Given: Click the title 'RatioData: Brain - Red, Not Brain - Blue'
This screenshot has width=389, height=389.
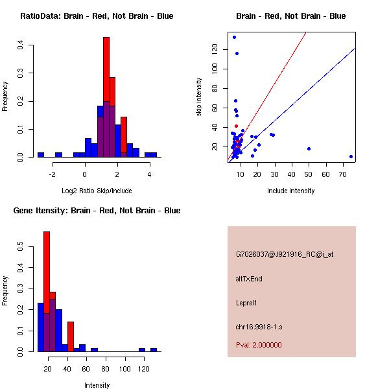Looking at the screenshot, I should coord(97,16).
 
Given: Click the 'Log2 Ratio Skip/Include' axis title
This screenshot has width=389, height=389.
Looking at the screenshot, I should coord(97,191).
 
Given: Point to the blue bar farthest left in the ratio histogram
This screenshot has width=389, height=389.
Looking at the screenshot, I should coord(41,155).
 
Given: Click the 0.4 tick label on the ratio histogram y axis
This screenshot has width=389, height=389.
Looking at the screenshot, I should coord(21,45).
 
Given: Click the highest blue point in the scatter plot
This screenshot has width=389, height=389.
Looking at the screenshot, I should coord(234,37).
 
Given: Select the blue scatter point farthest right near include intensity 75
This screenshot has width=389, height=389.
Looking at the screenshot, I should coord(351,156).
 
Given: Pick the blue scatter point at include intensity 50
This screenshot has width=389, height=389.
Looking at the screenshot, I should coord(309,148).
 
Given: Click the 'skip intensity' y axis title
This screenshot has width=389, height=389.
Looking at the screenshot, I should coord(200,97).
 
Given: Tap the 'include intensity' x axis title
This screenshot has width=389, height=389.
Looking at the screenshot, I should coord(291,191).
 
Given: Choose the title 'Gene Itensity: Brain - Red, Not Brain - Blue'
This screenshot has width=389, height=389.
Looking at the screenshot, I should coord(97,211).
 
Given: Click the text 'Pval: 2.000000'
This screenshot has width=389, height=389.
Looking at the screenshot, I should coord(259,345).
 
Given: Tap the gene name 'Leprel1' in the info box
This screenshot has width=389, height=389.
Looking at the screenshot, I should coord(248,303).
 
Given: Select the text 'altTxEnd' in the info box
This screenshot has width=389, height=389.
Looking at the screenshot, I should coord(249,279).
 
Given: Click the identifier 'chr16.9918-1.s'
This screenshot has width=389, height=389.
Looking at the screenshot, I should coord(258,326).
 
